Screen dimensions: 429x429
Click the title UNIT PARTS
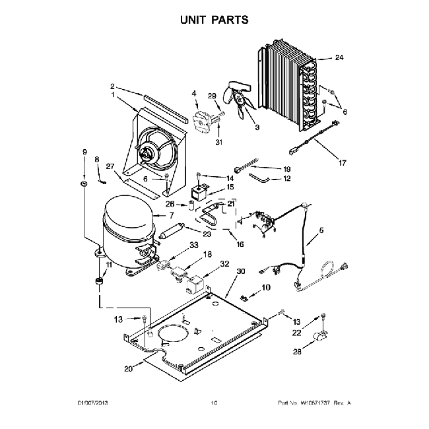click(x=214, y=19)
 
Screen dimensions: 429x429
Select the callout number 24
click(x=339, y=57)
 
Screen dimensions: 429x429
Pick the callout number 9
click(x=84, y=152)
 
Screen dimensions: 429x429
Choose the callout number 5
click(x=322, y=230)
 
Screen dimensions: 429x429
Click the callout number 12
click(x=286, y=178)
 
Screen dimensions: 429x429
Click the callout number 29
click(x=213, y=96)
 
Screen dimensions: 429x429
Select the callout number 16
click(x=240, y=244)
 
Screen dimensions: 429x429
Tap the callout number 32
click(x=224, y=263)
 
